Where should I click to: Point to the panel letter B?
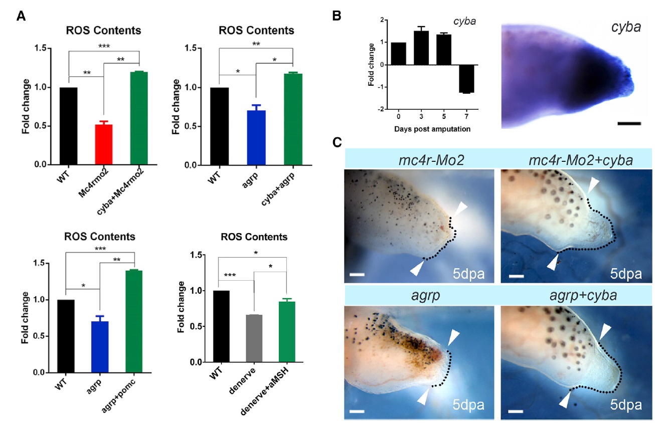[338, 16]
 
